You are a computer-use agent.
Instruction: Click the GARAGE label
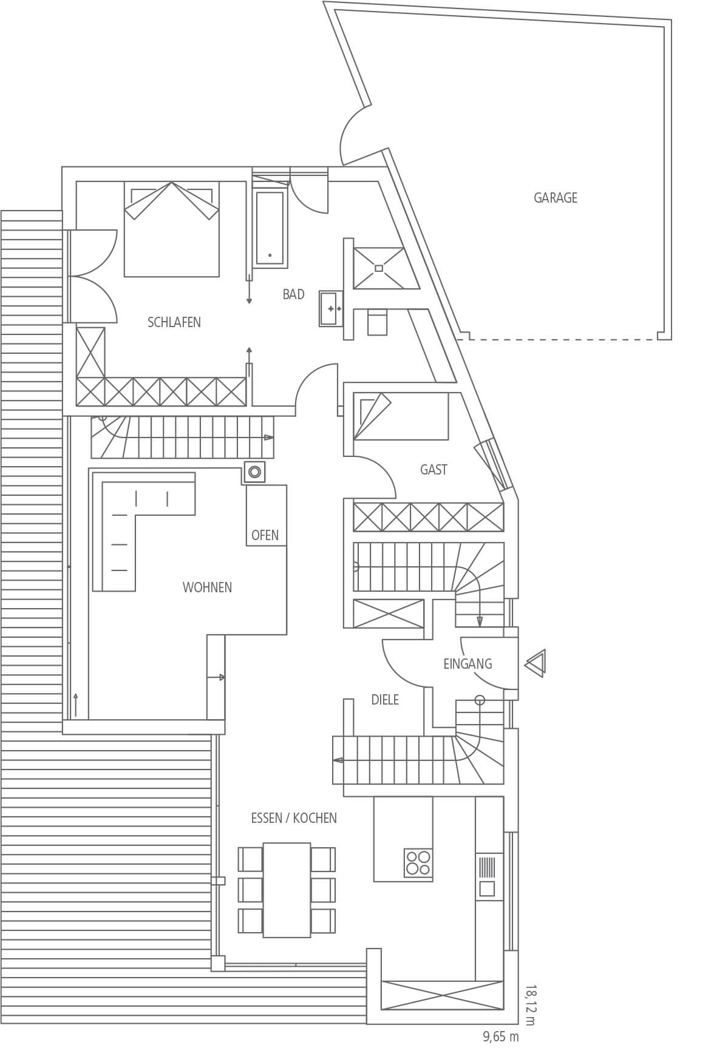pos(555,198)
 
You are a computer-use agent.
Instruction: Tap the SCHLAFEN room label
pos(174,322)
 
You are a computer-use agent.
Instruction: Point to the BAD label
pos(293,294)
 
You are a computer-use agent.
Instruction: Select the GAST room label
pos(433,470)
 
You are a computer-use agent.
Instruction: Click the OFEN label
pos(265,535)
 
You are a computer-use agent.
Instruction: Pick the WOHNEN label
pos(207,587)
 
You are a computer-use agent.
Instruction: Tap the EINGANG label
pos(467,664)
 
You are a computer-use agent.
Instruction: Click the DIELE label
pos(385,700)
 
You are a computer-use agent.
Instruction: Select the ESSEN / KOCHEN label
pos(294,818)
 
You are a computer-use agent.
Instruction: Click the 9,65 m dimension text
pos(501,1037)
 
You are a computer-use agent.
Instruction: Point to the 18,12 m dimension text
pos(531,1005)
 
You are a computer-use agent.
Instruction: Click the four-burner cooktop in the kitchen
pos(418,862)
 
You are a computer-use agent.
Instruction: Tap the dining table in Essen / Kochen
pos(287,890)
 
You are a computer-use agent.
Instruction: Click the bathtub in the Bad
pos(270,228)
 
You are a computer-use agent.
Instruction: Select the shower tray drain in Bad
pos(379,268)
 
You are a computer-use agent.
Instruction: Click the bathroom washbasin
pos(331,309)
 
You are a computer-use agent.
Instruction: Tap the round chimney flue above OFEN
pos(254,472)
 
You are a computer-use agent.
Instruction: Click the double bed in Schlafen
pos(172,229)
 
